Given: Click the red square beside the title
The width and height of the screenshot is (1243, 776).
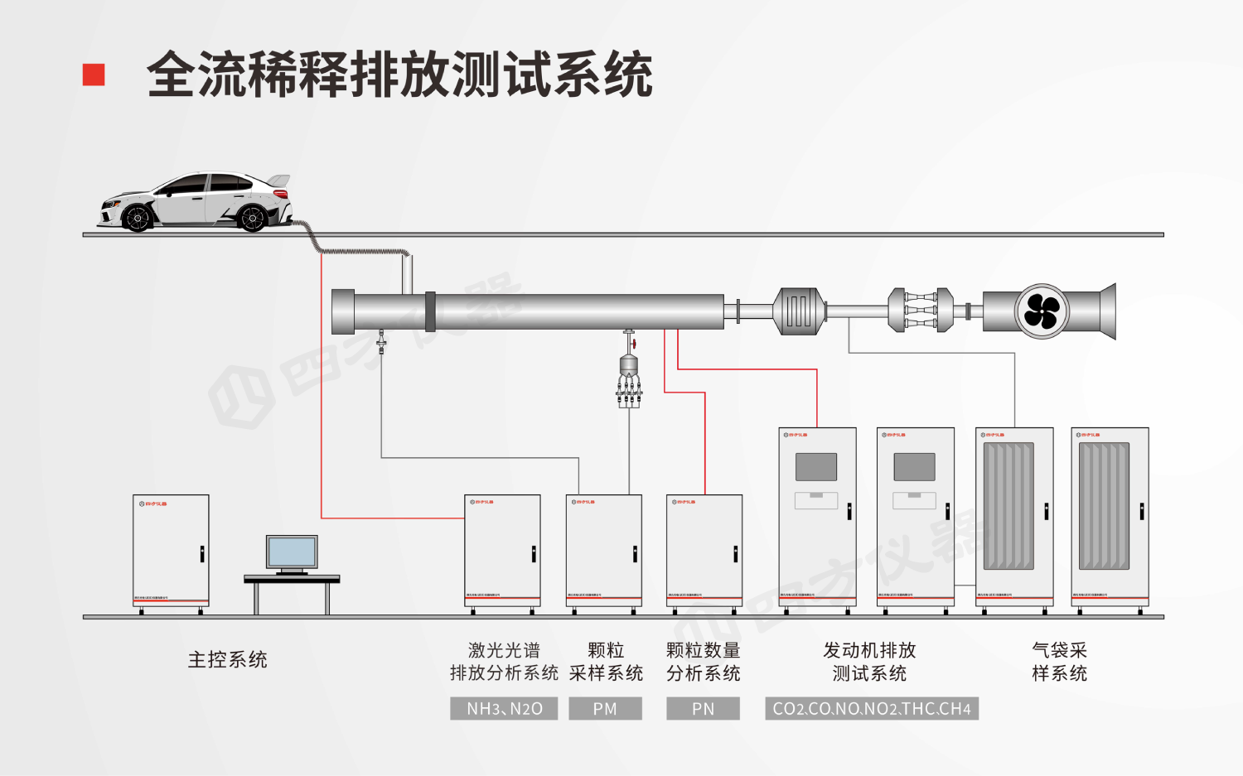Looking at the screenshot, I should [x=94, y=75].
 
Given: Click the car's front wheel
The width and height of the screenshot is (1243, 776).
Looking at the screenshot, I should [x=137, y=218].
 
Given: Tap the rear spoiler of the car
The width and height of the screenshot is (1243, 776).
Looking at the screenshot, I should [x=280, y=180].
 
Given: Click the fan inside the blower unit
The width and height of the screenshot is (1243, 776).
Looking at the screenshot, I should [x=1042, y=311].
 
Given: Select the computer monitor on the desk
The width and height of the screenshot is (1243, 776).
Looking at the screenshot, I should [x=292, y=552].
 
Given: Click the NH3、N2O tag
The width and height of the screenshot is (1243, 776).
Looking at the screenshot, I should [x=504, y=709].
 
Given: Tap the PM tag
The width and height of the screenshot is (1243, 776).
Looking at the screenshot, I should [x=605, y=709].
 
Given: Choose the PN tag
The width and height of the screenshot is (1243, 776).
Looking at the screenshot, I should [x=703, y=709].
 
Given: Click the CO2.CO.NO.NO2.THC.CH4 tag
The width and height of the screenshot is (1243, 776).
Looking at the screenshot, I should [x=872, y=709].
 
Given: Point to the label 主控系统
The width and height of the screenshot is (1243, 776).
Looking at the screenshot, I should [x=227, y=660].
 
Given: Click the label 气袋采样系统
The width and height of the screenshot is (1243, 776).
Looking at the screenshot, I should [x=1059, y=662].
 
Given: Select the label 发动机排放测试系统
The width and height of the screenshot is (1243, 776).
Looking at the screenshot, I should [x=869, y=662].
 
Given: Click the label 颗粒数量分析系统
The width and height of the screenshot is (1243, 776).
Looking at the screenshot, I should [x=703, y=662].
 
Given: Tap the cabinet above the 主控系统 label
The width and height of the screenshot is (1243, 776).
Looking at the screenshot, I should [x=171, y=551].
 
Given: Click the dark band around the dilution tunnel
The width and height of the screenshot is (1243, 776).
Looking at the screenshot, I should [x=430, y=311].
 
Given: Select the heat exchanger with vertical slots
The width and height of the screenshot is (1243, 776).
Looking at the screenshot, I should [x=799, y=311].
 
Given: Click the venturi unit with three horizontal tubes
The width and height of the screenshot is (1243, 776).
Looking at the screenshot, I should [x=920, y=311].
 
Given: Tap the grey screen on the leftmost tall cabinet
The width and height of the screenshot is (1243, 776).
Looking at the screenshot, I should [x=816, y=467].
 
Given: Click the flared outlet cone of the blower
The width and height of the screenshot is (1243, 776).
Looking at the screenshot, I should [x=1107, y=311].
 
